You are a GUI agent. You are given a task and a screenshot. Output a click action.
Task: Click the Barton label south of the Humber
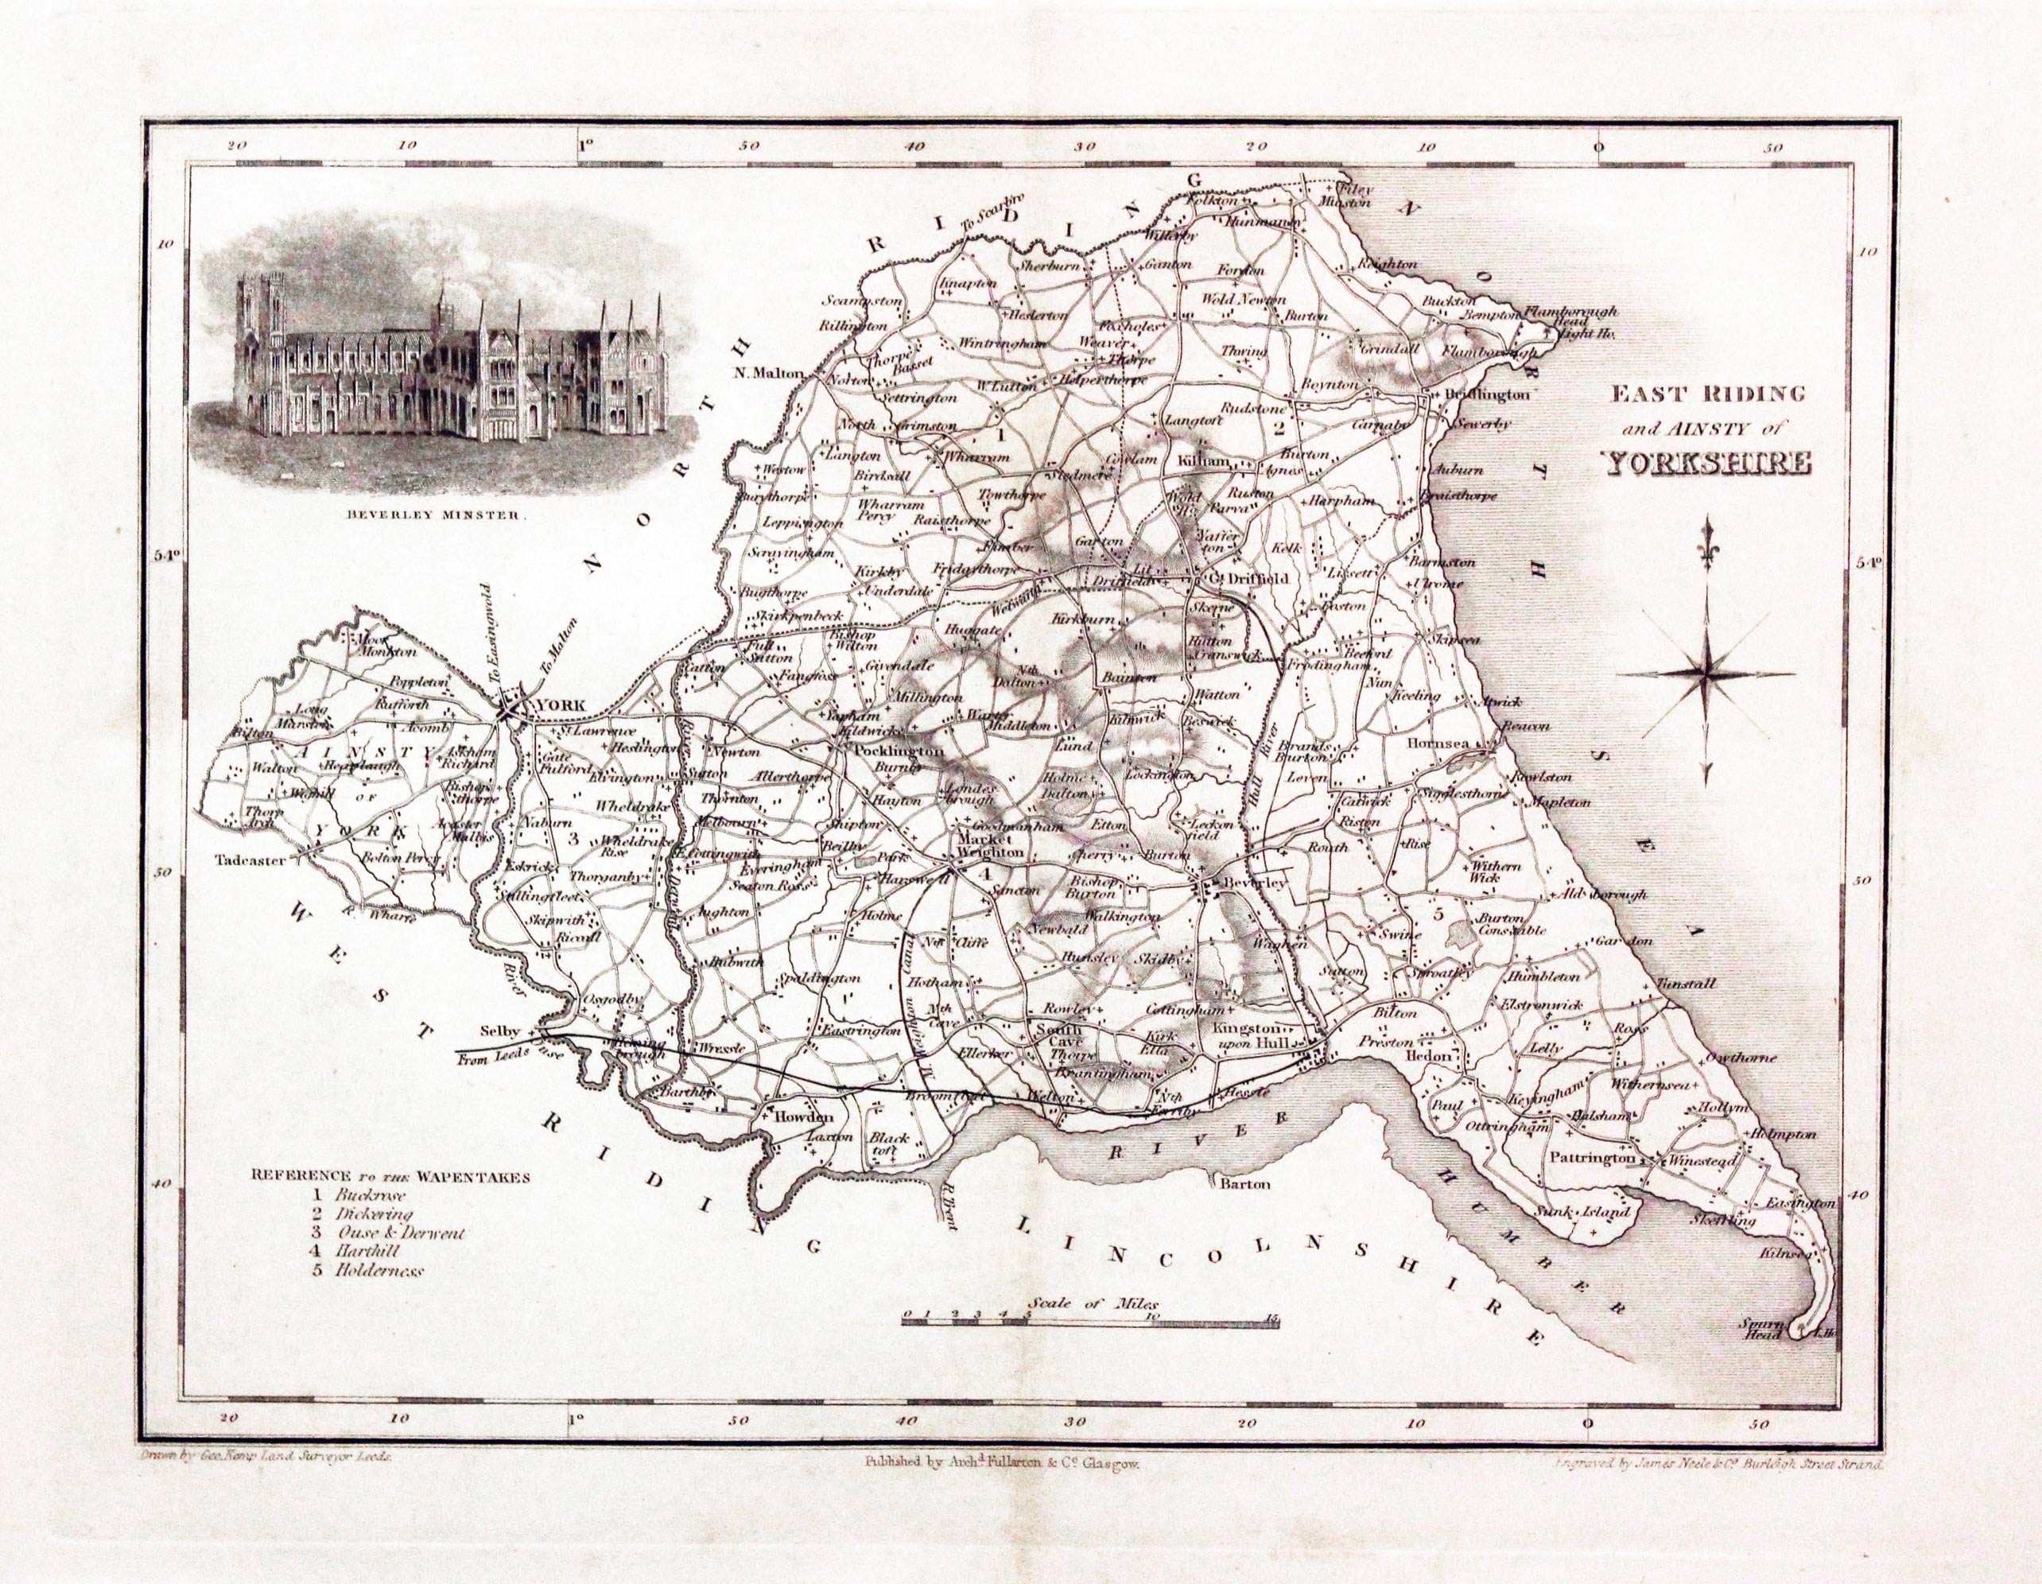(1245, 1184)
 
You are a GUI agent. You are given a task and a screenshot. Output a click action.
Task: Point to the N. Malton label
(770, 373)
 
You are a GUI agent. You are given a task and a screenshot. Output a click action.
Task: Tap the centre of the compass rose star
(1706, 674)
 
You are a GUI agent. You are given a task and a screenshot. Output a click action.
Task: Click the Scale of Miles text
(1093, 1303)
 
